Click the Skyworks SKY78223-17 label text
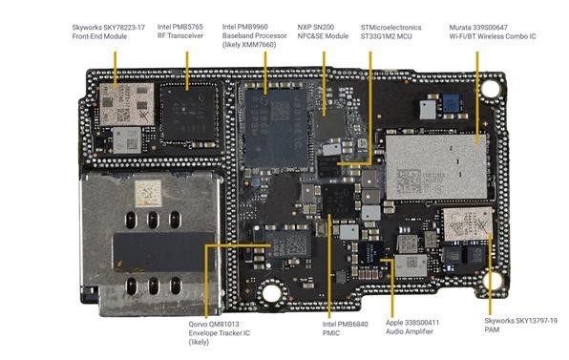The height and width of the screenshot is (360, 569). (x=108, y=32)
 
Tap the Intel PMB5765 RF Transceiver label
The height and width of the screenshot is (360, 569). (x=180, y=32)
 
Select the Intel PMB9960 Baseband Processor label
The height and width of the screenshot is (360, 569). (x=254, y=36)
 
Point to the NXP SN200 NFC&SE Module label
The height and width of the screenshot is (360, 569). (x=323, y=32)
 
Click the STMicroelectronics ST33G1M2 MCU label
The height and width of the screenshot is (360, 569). (x=390, y=32)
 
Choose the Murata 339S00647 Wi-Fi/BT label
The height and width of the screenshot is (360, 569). (x=493, y=32)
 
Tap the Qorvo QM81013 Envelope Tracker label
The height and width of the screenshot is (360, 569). (x=220, y=333)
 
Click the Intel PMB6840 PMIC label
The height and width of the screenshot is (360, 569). (x=345, y=328)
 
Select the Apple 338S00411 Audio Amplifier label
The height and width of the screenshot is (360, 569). (x=412, y=327)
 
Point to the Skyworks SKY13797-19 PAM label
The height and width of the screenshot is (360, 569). (x=520, y=326)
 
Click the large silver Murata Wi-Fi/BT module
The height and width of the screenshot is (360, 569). (x=436, y=167)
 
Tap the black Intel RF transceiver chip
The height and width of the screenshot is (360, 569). (x=189, y=115)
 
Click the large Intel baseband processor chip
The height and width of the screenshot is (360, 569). (x=276, y=128)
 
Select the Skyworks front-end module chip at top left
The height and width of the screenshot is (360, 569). (x=127, y=104)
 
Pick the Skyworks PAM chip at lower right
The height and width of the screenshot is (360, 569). (x=468, y=224)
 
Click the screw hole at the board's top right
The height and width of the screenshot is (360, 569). (x=490, y=88)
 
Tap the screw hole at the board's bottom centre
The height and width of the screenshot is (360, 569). (x=271, y=292)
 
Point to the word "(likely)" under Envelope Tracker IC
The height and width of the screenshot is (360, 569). (x=199, y=342)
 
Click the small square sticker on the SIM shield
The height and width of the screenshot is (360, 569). (x=148, y=193)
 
